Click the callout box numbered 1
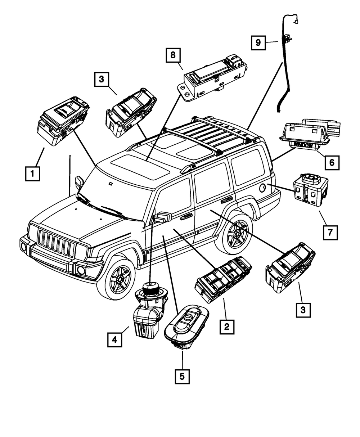[x=32, y=173]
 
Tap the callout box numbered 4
[x=114, y=339]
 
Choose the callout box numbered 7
[x=330, y=232]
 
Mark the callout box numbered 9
[x=258, y=42]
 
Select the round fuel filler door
[x=263, y=187]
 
